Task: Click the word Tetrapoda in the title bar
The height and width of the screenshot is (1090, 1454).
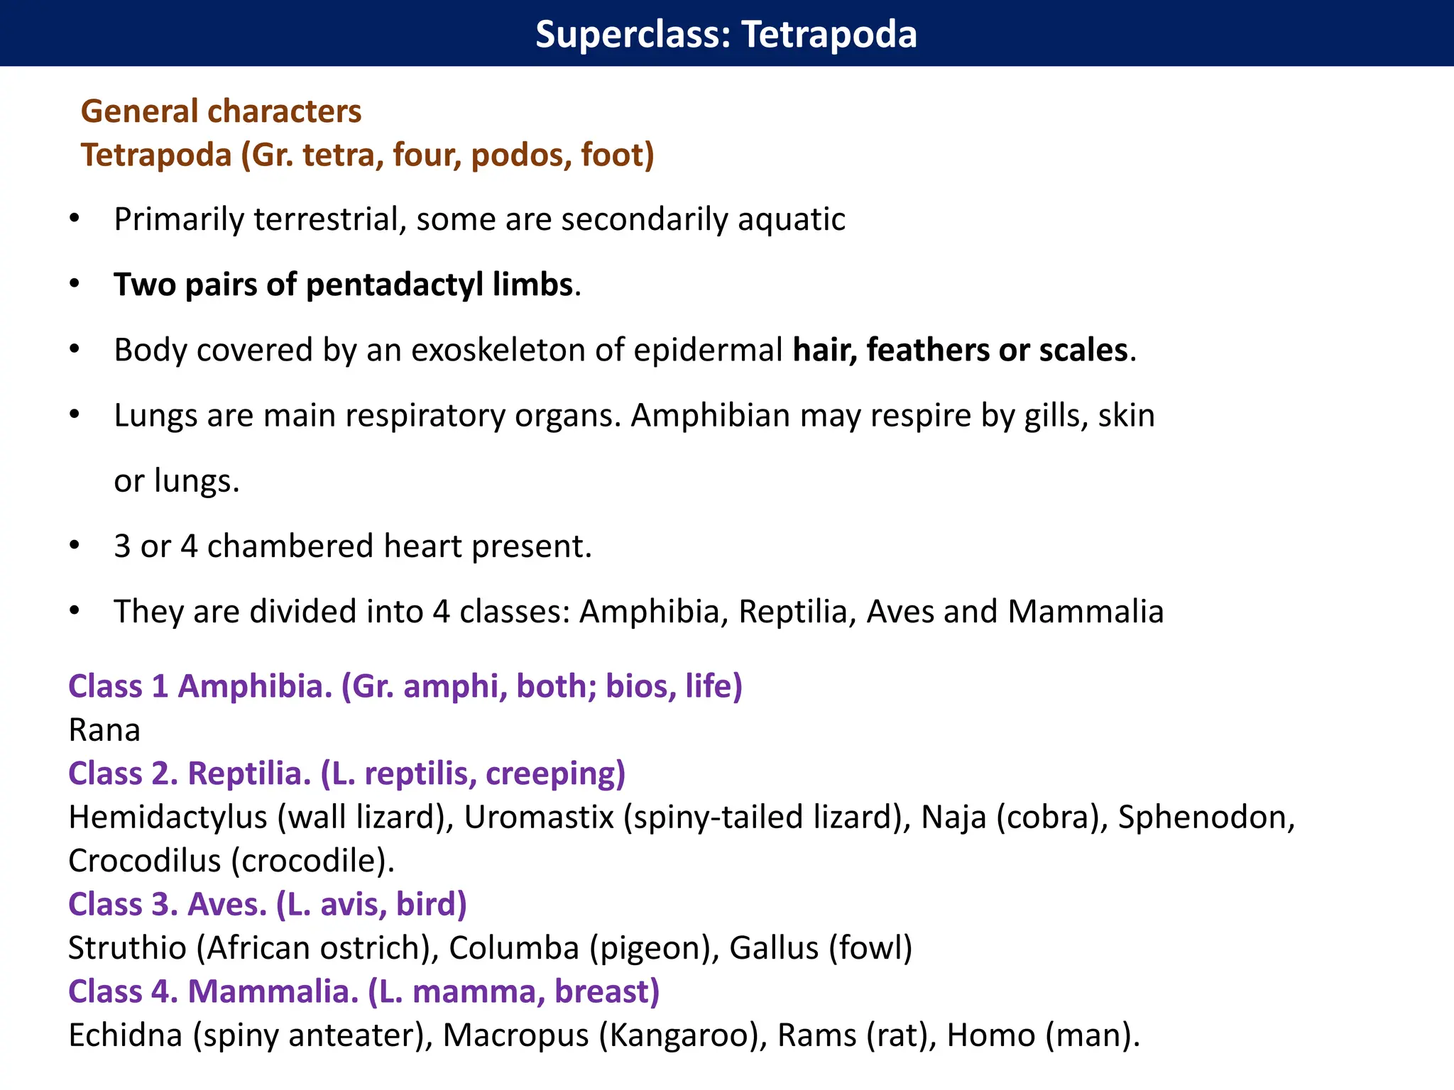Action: click(x=829, y=34)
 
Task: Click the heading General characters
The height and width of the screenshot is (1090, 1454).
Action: click(x=221, y=111)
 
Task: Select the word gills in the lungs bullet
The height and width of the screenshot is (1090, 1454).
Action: click(x=1056, y=415)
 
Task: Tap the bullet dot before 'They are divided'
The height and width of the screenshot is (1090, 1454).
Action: click(x=75, y=611)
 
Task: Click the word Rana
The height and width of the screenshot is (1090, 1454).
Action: click(x=104, y=730)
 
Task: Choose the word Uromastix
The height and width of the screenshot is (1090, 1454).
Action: click(x=538, y=817)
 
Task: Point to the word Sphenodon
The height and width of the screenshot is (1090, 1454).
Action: click(x=1202, y=817)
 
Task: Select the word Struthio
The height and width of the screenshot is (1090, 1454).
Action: click(x=127, y=948)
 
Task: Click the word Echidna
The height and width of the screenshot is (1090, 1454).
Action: click(x=125, y=1035)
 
